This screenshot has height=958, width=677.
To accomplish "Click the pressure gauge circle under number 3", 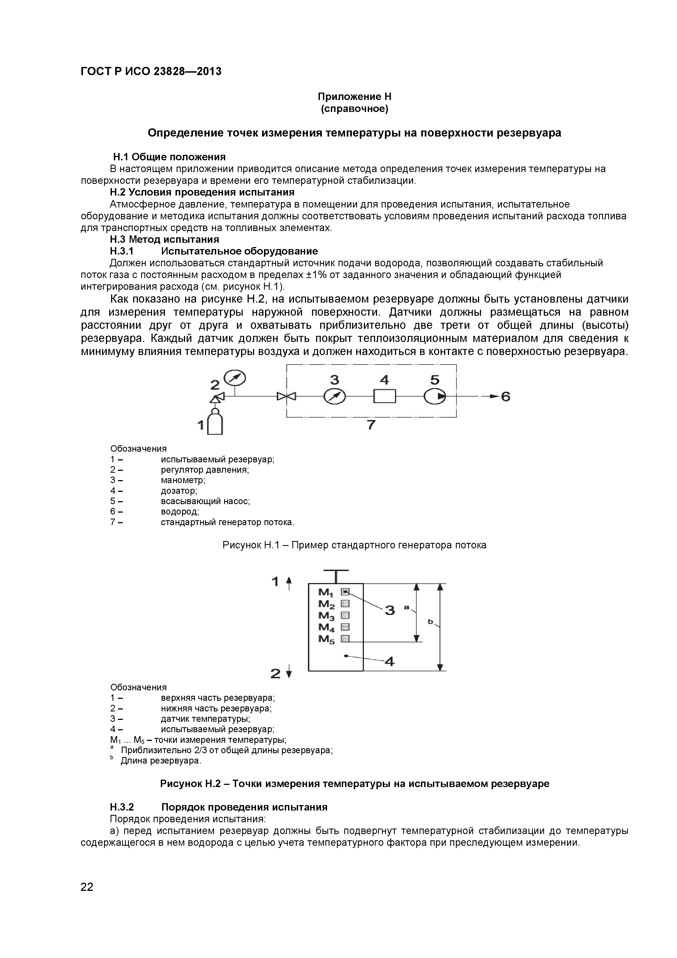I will (x=334, y=396).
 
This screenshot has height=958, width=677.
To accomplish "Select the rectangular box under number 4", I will (x=384, y=396).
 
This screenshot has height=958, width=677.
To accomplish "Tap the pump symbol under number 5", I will (x=435, y=396).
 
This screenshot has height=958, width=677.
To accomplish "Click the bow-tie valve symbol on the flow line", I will (x=287, y=396).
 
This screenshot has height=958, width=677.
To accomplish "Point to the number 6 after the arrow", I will (x=506, y=396).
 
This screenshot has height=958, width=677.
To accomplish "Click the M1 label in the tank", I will (x=326, y=592).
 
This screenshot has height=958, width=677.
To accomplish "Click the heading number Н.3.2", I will (x=122, y=807).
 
